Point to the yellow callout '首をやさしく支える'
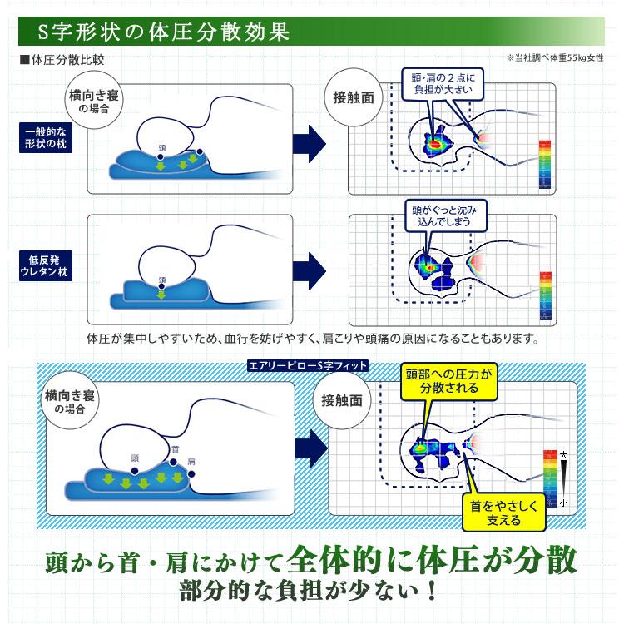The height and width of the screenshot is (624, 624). (503, 513)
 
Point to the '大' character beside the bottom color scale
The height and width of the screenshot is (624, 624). (564, 454)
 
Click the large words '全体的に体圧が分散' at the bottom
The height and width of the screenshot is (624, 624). (433, 560)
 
